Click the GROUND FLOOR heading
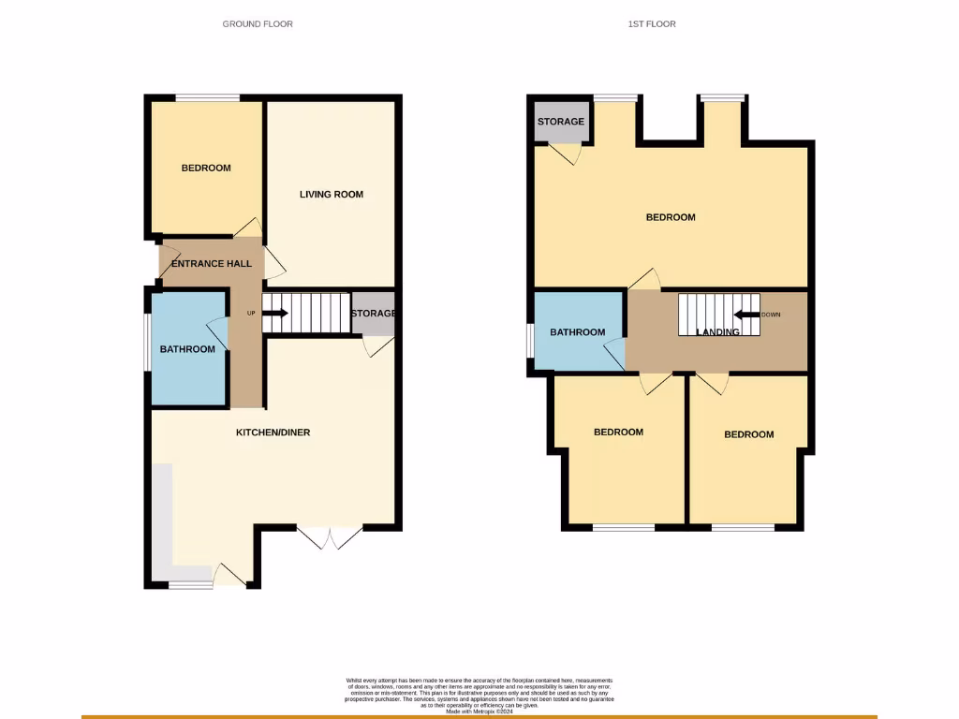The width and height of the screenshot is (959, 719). pos(258,23)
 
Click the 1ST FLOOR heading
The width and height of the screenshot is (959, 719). pos(652,23)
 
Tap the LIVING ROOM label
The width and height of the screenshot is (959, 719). pos(332,195)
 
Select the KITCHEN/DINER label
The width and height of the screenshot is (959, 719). pos(273,433)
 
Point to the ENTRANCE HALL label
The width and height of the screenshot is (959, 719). pos(212,264)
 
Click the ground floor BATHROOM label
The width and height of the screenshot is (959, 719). pos(187,349)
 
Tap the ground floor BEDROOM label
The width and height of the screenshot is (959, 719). pos(206,169)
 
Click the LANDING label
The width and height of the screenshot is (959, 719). pos(717,332)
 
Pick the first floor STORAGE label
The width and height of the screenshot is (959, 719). pos(561,122)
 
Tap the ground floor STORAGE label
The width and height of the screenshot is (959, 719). pos(374,314)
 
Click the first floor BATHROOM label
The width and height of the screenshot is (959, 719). pos(578,332)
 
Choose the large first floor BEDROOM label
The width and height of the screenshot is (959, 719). pos(671,217)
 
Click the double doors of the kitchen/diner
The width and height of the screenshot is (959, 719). pos(330,536)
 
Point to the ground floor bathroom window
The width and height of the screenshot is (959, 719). pos(147,343)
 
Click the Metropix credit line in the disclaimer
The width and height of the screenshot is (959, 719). pos(479,712)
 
